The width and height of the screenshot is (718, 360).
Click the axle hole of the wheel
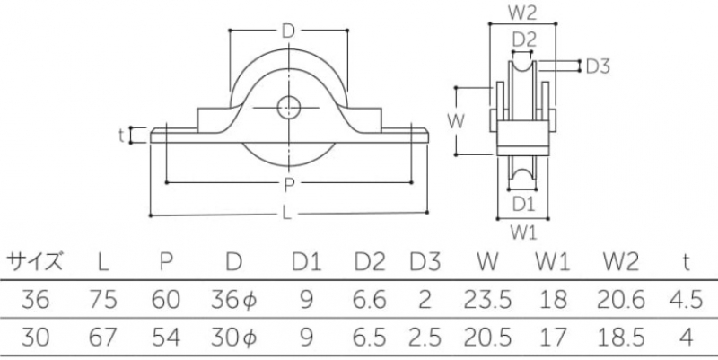click(288, 107)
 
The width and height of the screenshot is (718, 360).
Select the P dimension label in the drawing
click(288, 186)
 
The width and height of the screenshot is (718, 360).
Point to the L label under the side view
click(288, 216)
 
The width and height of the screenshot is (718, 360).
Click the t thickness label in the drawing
click(121, 136)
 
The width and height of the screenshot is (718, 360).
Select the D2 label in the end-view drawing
click(524, 40)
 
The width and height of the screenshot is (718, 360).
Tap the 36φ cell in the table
click(235, 299)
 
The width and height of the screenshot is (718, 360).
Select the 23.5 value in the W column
click(487, 299)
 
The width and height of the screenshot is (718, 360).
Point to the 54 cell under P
click(166, 337)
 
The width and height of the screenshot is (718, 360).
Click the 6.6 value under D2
click(369, 299)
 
